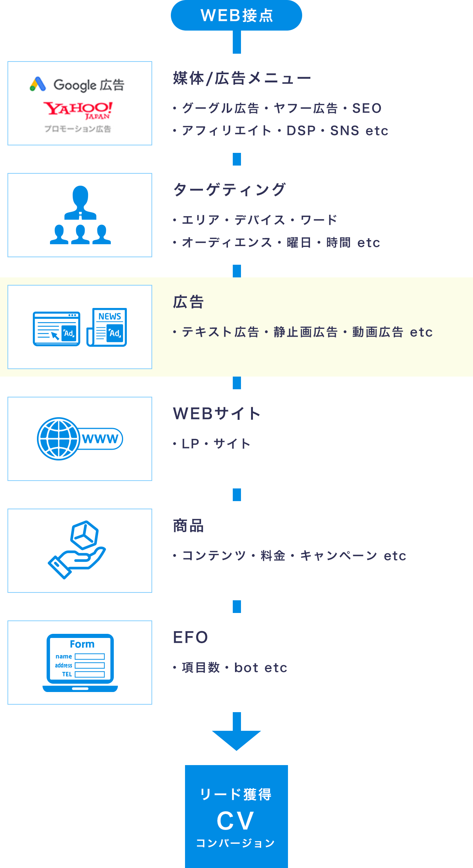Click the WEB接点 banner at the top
tap(236, 15)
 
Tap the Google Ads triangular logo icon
tap(38, 84)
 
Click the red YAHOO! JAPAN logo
tap(78, 110)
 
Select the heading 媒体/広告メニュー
tap(242, 79)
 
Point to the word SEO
tap(367, 108)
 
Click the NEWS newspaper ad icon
tap(107, 327)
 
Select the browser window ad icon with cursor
tap(56, 329)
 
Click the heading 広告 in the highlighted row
tap(188, 302)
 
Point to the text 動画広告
tap(378, 332)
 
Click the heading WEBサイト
tap(217, 414)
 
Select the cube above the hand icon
tap(85, 534)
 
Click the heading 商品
tap(188, 526)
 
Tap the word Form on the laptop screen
tap(82, 644)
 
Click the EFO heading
tap(190, 638)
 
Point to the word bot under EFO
tap(246, 668)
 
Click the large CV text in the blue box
tap(235, 821)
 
